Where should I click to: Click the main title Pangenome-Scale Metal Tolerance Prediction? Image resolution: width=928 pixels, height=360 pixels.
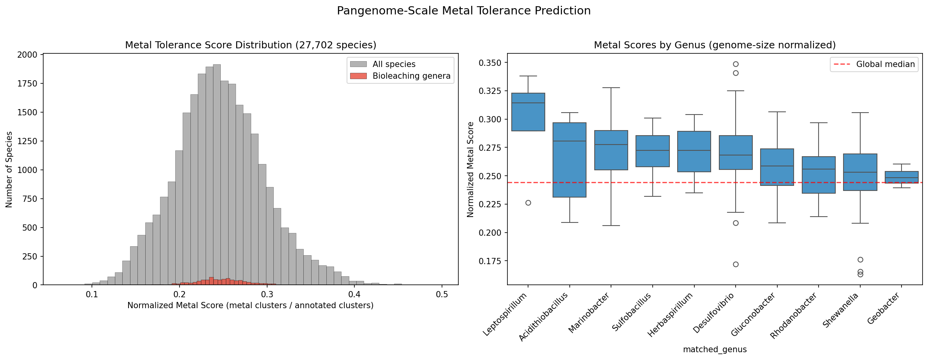coord(463,11)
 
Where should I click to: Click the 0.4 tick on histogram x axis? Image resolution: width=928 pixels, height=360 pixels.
coord(354,295)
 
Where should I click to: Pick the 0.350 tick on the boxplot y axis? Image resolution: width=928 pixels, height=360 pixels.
coord(492,63)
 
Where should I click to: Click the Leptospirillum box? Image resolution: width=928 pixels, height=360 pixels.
coord(528,112)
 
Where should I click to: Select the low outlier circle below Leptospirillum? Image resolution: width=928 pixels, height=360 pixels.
coord(528,203)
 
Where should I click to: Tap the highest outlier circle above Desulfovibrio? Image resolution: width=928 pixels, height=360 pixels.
coord(736,64)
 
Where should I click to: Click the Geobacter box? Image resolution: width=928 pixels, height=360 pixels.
coord(902,177)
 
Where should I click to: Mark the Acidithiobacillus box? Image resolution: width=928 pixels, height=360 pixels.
coord(569,160)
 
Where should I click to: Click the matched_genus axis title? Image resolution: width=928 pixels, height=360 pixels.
coord(715,349)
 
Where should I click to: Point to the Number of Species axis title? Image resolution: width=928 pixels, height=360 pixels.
coord(9,169)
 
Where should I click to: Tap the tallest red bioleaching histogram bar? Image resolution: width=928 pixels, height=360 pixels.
coord(211,281)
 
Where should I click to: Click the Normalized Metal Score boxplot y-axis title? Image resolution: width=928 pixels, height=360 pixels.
coord(470,169)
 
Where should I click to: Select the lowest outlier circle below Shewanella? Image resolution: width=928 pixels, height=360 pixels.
coord(860,274)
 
